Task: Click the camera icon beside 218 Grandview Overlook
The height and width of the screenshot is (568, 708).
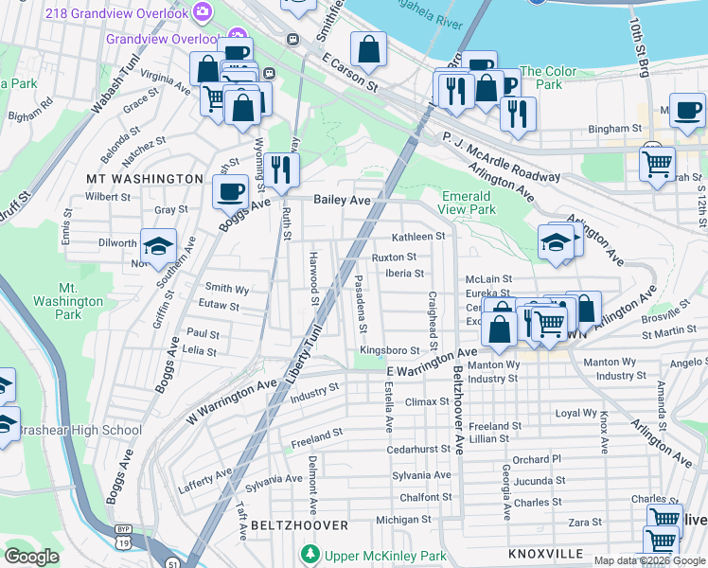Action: pos(202,11)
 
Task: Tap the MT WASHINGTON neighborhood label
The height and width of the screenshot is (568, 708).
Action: pos(144,178)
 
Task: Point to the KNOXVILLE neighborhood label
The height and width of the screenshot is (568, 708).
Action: pos(545,553)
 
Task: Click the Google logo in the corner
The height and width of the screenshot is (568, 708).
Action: pos(31,557)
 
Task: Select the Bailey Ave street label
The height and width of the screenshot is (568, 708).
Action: pos(342,200)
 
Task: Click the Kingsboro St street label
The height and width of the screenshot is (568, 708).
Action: pos(389,351)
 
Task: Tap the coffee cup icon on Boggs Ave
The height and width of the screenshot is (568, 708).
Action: pos(230,193)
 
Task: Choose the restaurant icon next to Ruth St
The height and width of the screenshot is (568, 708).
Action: pos(281,169)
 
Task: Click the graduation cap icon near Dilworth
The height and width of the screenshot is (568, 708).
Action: pos(158,247)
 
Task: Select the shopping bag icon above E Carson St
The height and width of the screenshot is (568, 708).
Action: pos(368,49)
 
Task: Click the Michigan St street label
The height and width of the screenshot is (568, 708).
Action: pos(397,520)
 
